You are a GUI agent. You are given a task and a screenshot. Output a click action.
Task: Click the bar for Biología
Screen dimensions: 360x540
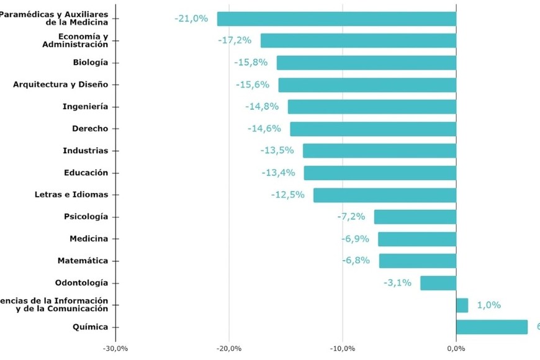pyautogui.click(x=366, y=63)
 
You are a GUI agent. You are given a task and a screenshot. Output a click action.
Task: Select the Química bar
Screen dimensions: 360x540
pyautogui.click(x=492, y=327)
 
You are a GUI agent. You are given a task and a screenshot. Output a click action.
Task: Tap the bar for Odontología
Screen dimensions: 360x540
pyautogui.click(x=438, y=283)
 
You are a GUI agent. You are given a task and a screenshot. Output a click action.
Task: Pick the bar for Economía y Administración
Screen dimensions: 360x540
pyautogui.click(x=358, y=41)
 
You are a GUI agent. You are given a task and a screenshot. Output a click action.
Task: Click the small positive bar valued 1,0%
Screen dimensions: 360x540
pyautogui.click(x=462, y=305)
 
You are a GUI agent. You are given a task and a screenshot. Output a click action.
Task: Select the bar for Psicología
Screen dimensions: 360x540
pyautogui.click(x=415, y=217)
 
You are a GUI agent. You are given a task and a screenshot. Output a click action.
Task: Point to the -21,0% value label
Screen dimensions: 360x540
pyautogui.click(x=191, y=19)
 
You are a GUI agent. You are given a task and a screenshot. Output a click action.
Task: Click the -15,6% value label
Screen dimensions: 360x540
pyautogui.click(x=252, y=85)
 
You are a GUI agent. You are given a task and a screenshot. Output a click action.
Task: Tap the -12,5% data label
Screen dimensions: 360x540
pyautogui.click(x=287, y=195)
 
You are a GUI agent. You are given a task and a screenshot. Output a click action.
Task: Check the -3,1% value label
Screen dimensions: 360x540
pyautogui.click(x=397, y=283)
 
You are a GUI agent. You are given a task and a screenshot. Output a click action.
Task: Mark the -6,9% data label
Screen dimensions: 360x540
pyautogui.click(x=356, y=239)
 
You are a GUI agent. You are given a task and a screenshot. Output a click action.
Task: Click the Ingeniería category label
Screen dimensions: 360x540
pyautogui.click(x=85, y=107)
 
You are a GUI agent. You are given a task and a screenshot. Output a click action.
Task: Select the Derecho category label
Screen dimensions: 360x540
pyautogui.click(x=90, y=128)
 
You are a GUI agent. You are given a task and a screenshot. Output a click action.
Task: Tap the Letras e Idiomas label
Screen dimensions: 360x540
pyautogui.click(x=71, y=195)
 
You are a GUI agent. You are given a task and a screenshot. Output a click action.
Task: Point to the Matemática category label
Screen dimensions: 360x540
pyautogui.click(x=83, y=261)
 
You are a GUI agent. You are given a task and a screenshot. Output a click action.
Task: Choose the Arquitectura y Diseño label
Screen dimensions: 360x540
pyautogui.click(x=61, y=84)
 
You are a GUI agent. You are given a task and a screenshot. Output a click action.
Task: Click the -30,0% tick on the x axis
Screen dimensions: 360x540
pyautogui.click(x=115, y=348)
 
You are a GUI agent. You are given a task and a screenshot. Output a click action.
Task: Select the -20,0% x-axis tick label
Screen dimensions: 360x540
pyautogui.click(x=229, y=348)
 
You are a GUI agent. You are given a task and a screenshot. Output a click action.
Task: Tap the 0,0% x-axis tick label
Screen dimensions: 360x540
pyautogui.click(x=456, y=348)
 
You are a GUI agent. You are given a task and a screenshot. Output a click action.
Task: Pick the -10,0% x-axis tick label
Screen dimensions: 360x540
pyautogui.click(x=343, y=348)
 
